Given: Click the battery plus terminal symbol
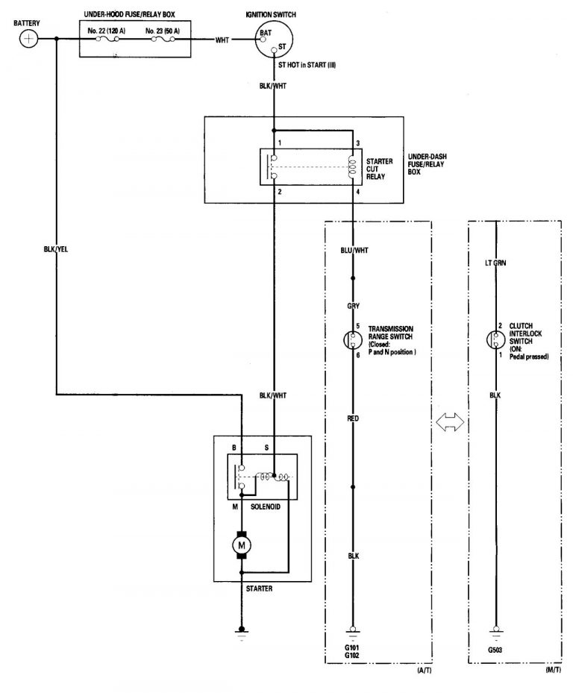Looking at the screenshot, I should coord(28,39).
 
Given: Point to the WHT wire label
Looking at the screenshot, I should coord(222,40).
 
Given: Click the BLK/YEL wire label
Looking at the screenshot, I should coord(56,249).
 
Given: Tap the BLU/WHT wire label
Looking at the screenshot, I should coord(354,250).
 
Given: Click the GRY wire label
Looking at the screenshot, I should coord(354,306).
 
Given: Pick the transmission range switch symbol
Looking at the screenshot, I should coord(354,340).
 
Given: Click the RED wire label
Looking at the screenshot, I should coord(354,419).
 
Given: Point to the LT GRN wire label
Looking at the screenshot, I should coord(496,263).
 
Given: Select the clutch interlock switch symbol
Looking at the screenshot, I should coord(496,340).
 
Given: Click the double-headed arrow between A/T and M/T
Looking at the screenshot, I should coord(450,422).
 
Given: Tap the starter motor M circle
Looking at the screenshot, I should coord(241,547).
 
